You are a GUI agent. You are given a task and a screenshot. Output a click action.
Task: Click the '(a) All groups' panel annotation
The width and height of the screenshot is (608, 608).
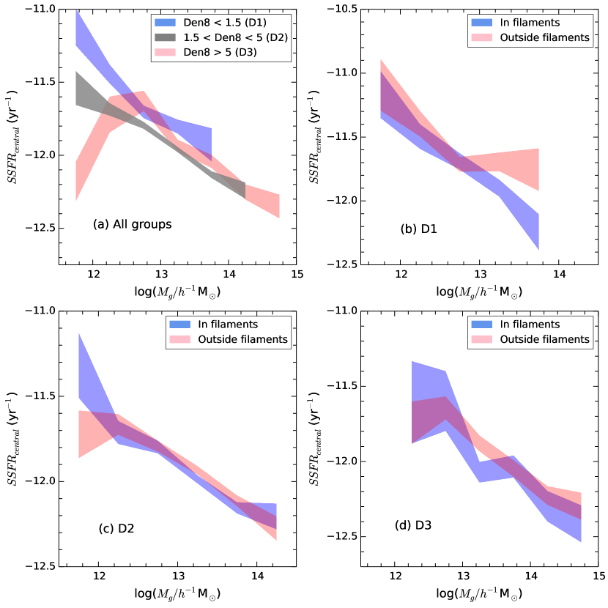pos(132,224)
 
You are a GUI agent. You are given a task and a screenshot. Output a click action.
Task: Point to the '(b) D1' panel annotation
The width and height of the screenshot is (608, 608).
pos(419,229)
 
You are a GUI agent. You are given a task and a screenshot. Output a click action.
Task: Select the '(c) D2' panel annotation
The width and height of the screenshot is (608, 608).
pos(116,527)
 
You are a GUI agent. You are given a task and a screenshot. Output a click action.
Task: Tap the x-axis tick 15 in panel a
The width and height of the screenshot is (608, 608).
pos(296,274)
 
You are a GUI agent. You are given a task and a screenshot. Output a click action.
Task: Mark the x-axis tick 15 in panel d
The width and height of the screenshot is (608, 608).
pos(599,576)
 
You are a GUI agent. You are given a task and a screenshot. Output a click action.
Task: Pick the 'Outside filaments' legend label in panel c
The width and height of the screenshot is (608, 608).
pos(247,339)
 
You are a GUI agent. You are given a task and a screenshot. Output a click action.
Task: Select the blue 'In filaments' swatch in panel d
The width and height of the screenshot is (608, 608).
pos(482,325)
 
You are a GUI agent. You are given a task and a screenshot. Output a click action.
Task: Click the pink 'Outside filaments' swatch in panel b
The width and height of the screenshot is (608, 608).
pos(482,37)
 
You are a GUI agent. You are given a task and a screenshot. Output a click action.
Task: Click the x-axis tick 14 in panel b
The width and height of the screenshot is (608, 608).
pos(559,274)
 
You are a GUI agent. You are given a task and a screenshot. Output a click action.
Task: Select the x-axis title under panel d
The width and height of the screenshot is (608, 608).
pos(478,594)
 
